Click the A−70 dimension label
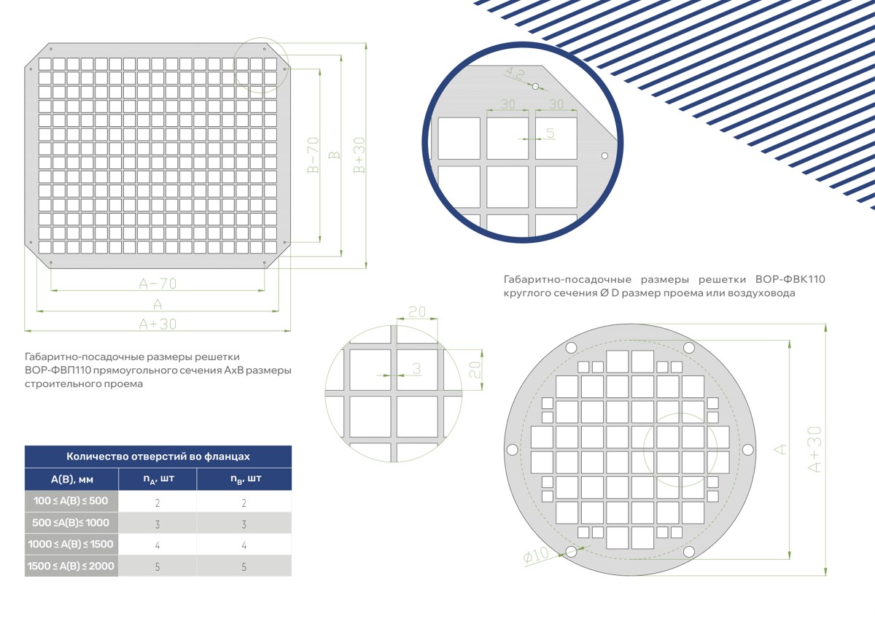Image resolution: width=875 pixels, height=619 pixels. [x=157, y=284]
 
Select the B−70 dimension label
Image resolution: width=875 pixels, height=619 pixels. [x=314, y=155]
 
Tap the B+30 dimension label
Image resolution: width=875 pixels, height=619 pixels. [x=359, y=155]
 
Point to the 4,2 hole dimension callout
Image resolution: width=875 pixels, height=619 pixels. [x=516, y=73]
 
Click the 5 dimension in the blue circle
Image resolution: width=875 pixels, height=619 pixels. [x=550, y=133]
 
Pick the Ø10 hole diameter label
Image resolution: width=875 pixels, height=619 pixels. [x=536, y=555]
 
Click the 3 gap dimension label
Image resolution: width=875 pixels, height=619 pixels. [x=417, y=368]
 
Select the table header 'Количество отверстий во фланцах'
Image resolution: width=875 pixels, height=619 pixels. [x=157, y=456]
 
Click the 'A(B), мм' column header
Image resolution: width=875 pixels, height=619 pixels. [x=72, y=479]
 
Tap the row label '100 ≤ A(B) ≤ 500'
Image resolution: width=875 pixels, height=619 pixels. [x=71, y=501]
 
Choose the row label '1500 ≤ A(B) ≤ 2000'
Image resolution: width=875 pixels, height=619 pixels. [x=71, y=566]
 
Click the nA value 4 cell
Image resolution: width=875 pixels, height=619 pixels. [x=157, y=545]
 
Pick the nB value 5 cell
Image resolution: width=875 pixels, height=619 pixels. [x=244, y=567]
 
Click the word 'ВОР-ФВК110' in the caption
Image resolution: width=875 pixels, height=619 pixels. [x=790, y=279]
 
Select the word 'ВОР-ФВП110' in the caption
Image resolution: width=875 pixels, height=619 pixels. [x=58, y=370]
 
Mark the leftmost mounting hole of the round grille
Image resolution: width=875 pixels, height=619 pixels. [x=512, y=450]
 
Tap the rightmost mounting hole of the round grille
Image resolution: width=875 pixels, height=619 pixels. [x=747, y=450]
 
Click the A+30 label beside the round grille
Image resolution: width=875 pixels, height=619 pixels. [x=814, y=450]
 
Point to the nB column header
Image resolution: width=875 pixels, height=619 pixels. [x=246, y=479]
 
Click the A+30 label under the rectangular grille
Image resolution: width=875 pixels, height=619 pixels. [x=157, y=324]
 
